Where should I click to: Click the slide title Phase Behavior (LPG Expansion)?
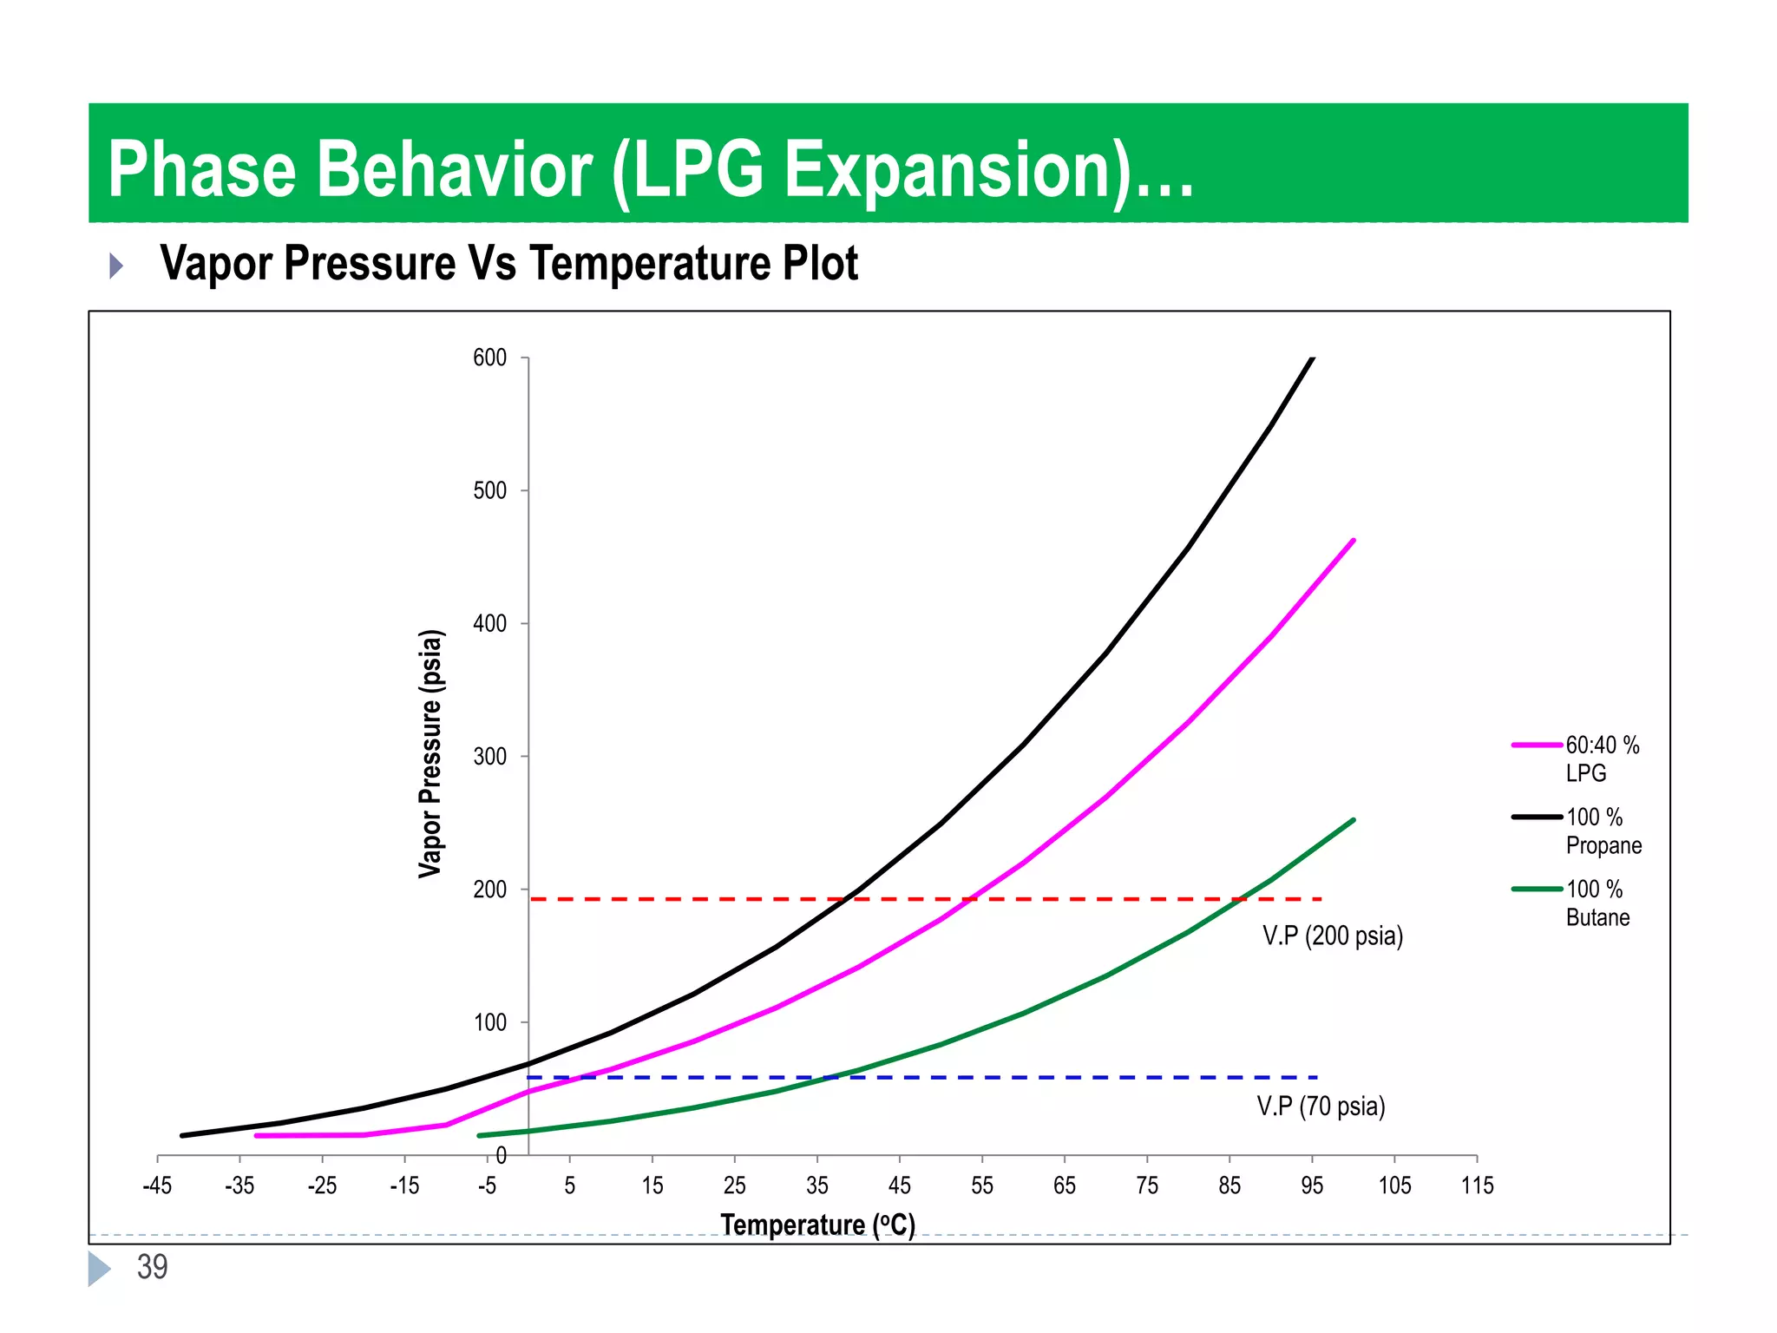pos(651,169)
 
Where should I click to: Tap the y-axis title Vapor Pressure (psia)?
pos(431,753)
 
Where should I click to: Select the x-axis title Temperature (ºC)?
pos(817,1225)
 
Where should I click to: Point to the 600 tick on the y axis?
pos(490,358)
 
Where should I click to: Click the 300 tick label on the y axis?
pos(490,757)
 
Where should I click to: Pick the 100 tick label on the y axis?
pos(490,1022)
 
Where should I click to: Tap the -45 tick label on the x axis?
pos(157,1185)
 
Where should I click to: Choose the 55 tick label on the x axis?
pos(981,1185)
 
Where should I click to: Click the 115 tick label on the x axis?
pos(1477,1185)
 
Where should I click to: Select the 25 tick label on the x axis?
pos(734,1185)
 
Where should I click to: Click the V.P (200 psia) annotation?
pos(1333,936)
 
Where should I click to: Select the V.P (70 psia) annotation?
pos(1321,1106)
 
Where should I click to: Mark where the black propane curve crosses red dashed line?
pos(846,899)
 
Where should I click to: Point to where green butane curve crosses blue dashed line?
pos(830,1078)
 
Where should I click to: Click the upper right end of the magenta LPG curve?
pos(1354,541)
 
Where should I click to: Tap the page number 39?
pos(152,1267)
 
